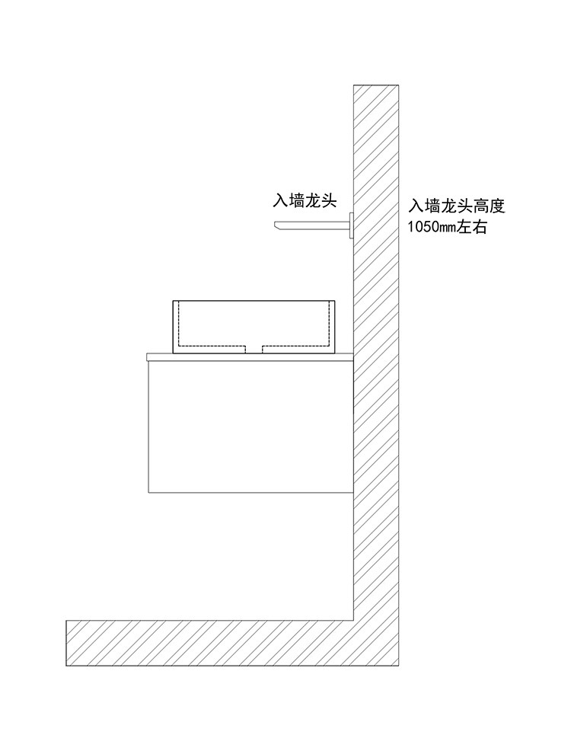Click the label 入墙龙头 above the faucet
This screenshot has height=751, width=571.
310,200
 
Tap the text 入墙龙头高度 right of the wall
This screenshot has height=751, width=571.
457,206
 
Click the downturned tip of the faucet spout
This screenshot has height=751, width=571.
277,225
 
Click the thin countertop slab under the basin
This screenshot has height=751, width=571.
251,356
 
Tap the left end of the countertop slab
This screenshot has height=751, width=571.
149,356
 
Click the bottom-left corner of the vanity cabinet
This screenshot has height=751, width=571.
150,492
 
